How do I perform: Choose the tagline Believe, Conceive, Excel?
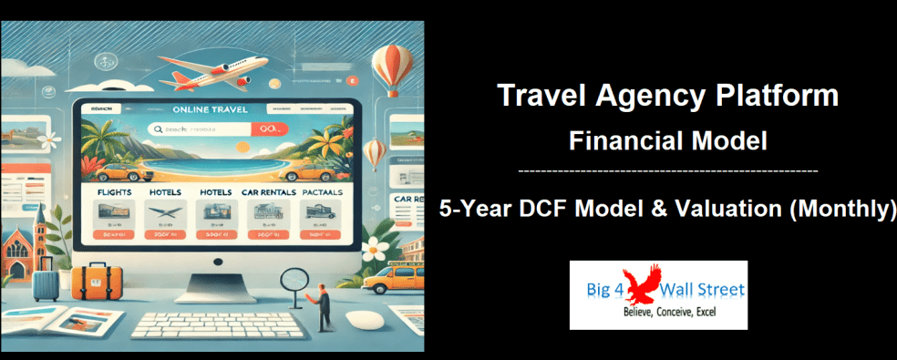[657, 312]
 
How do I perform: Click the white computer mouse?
[363, 320]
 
